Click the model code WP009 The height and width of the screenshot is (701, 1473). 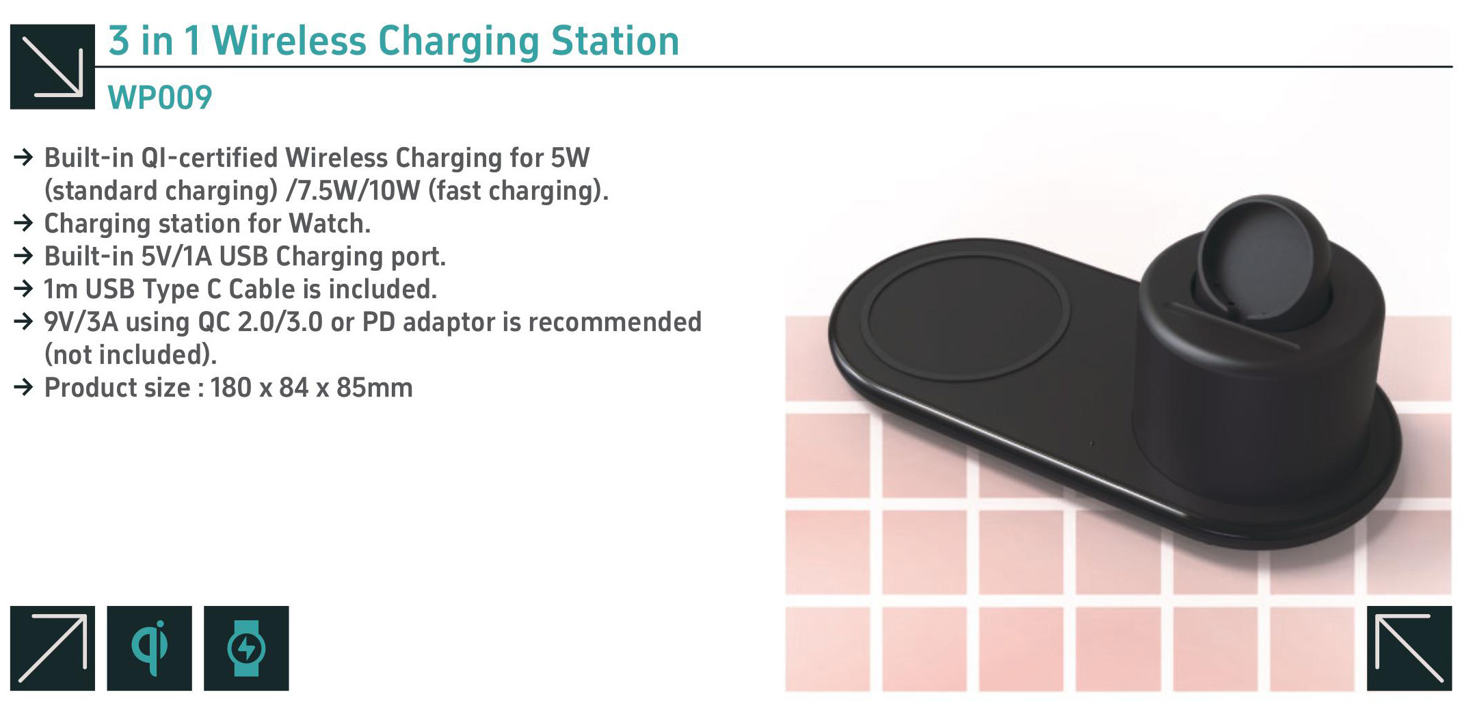click(x=160, y=98)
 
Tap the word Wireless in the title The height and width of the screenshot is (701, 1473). click(x=290, y=41)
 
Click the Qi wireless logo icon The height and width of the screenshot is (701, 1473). click(x=149, y=648)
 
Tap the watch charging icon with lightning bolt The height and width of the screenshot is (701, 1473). click(x=246, y=648)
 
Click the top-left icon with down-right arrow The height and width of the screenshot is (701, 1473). click(x=53, y=66)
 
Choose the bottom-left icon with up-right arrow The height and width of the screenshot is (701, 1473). click(x=53, y=648)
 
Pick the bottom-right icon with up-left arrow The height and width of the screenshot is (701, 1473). click(x=1409, y=648)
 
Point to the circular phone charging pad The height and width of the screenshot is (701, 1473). click(x=965, y=318)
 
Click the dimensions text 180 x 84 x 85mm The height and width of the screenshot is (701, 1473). click(x=311, y=388)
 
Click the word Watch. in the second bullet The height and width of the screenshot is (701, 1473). click(x=330, y=224)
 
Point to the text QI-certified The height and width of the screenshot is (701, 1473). click(x=209, y=158)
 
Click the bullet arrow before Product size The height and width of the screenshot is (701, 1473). click(x=23, y=388)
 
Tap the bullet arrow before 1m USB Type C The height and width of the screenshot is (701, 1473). click(x=23, y=289)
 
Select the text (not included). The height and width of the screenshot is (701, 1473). click(x=131, y=355)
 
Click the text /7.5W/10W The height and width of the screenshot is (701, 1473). click(x=353, y=191)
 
